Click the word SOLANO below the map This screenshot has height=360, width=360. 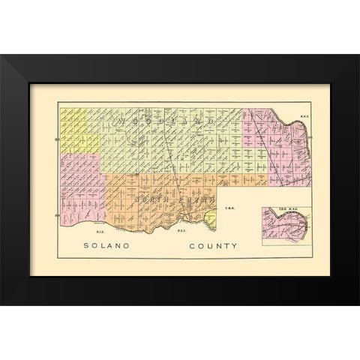pyautogui.click(x=107, y=245)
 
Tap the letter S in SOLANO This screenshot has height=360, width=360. pyautogui.click(x=86, y=245)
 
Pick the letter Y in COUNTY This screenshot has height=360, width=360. pyautogui.click(x=235, y=245)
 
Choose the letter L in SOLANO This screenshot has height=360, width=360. pyautogui.click(x=103, y=245)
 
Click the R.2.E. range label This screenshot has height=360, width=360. pyautogui.click(x=181, y=232)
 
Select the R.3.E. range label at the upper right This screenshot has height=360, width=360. pyautogui.click(x=294, y=115)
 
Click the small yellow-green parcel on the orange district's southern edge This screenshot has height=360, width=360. pyautogui.click(x=210, y=219)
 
